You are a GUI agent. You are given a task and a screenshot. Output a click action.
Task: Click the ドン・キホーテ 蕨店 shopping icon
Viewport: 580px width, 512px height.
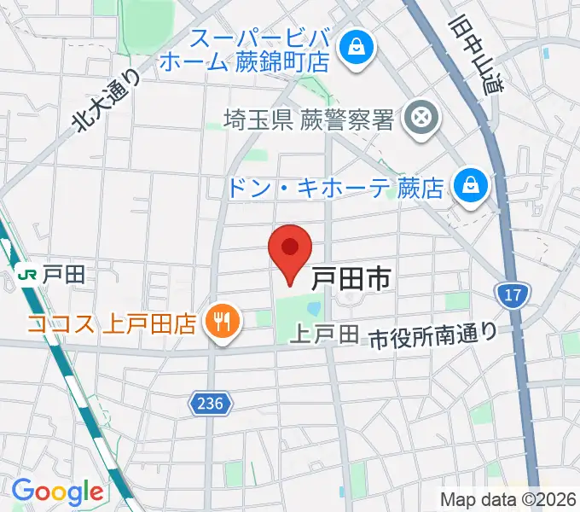coord(468,183)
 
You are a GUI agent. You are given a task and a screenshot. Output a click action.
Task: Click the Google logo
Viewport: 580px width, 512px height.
coord(57,492)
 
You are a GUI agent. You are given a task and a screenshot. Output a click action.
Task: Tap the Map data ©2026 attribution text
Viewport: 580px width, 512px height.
coord(507,499)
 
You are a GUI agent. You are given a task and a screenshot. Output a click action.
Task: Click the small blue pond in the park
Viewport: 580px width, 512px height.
coord(314,307)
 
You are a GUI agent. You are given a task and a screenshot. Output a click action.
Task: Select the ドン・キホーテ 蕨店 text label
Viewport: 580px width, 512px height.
coord(336,187)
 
